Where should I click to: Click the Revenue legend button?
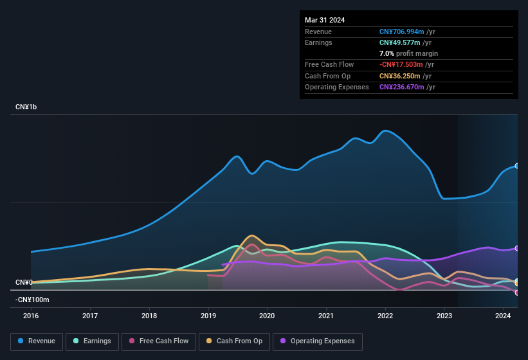tap(37, 341)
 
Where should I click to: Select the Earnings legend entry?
tap(91, 341)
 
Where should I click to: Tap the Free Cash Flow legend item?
tap(158, 341)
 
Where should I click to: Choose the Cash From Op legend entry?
tap(233, 341)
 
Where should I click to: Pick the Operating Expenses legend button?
tap(317, 341)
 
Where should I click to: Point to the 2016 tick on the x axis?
tap(31, 316)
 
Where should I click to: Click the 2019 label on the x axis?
tap(208, 316)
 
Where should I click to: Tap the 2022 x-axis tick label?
tap(385, 316)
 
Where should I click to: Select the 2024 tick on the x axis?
tap(503, 316)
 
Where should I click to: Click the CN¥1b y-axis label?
tap(26, 107)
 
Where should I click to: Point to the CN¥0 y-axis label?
tap(24, 283)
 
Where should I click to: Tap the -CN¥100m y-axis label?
tap(32, 300)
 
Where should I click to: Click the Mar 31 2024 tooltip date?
tap(325, 20)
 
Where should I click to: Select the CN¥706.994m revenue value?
tap(402, 32)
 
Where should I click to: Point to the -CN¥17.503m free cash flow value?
tap(401, 64)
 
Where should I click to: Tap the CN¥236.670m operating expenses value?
tap(402, 87)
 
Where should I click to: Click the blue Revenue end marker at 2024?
tap(516, 166)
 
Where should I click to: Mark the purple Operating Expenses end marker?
tap(516, 248)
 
